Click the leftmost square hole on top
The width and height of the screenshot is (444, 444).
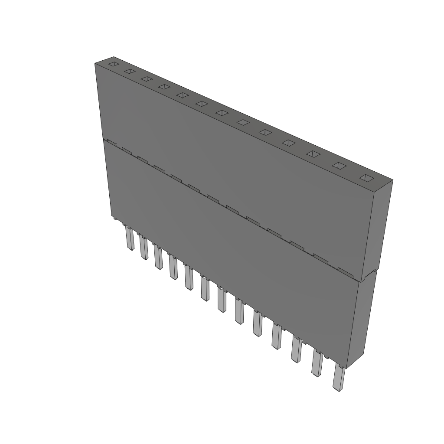(113, 64)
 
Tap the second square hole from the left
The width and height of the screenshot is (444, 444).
(129, 71)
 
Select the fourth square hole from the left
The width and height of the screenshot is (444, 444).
(164, 87)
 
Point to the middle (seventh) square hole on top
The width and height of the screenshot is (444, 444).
(222, 113)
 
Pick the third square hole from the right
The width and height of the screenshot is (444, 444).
(313, 154)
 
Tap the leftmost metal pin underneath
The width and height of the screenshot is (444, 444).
(130, 239)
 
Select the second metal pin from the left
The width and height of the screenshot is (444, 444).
(144, 249)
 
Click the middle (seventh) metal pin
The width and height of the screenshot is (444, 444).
(222, 301)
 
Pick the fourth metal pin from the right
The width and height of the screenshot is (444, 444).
(276, 337)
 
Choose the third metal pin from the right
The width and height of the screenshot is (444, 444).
(296, 350)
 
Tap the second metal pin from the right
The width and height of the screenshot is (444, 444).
(317, 364)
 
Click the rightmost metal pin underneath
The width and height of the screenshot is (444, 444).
(338, 378)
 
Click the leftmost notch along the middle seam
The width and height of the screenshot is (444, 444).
(110, 142)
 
